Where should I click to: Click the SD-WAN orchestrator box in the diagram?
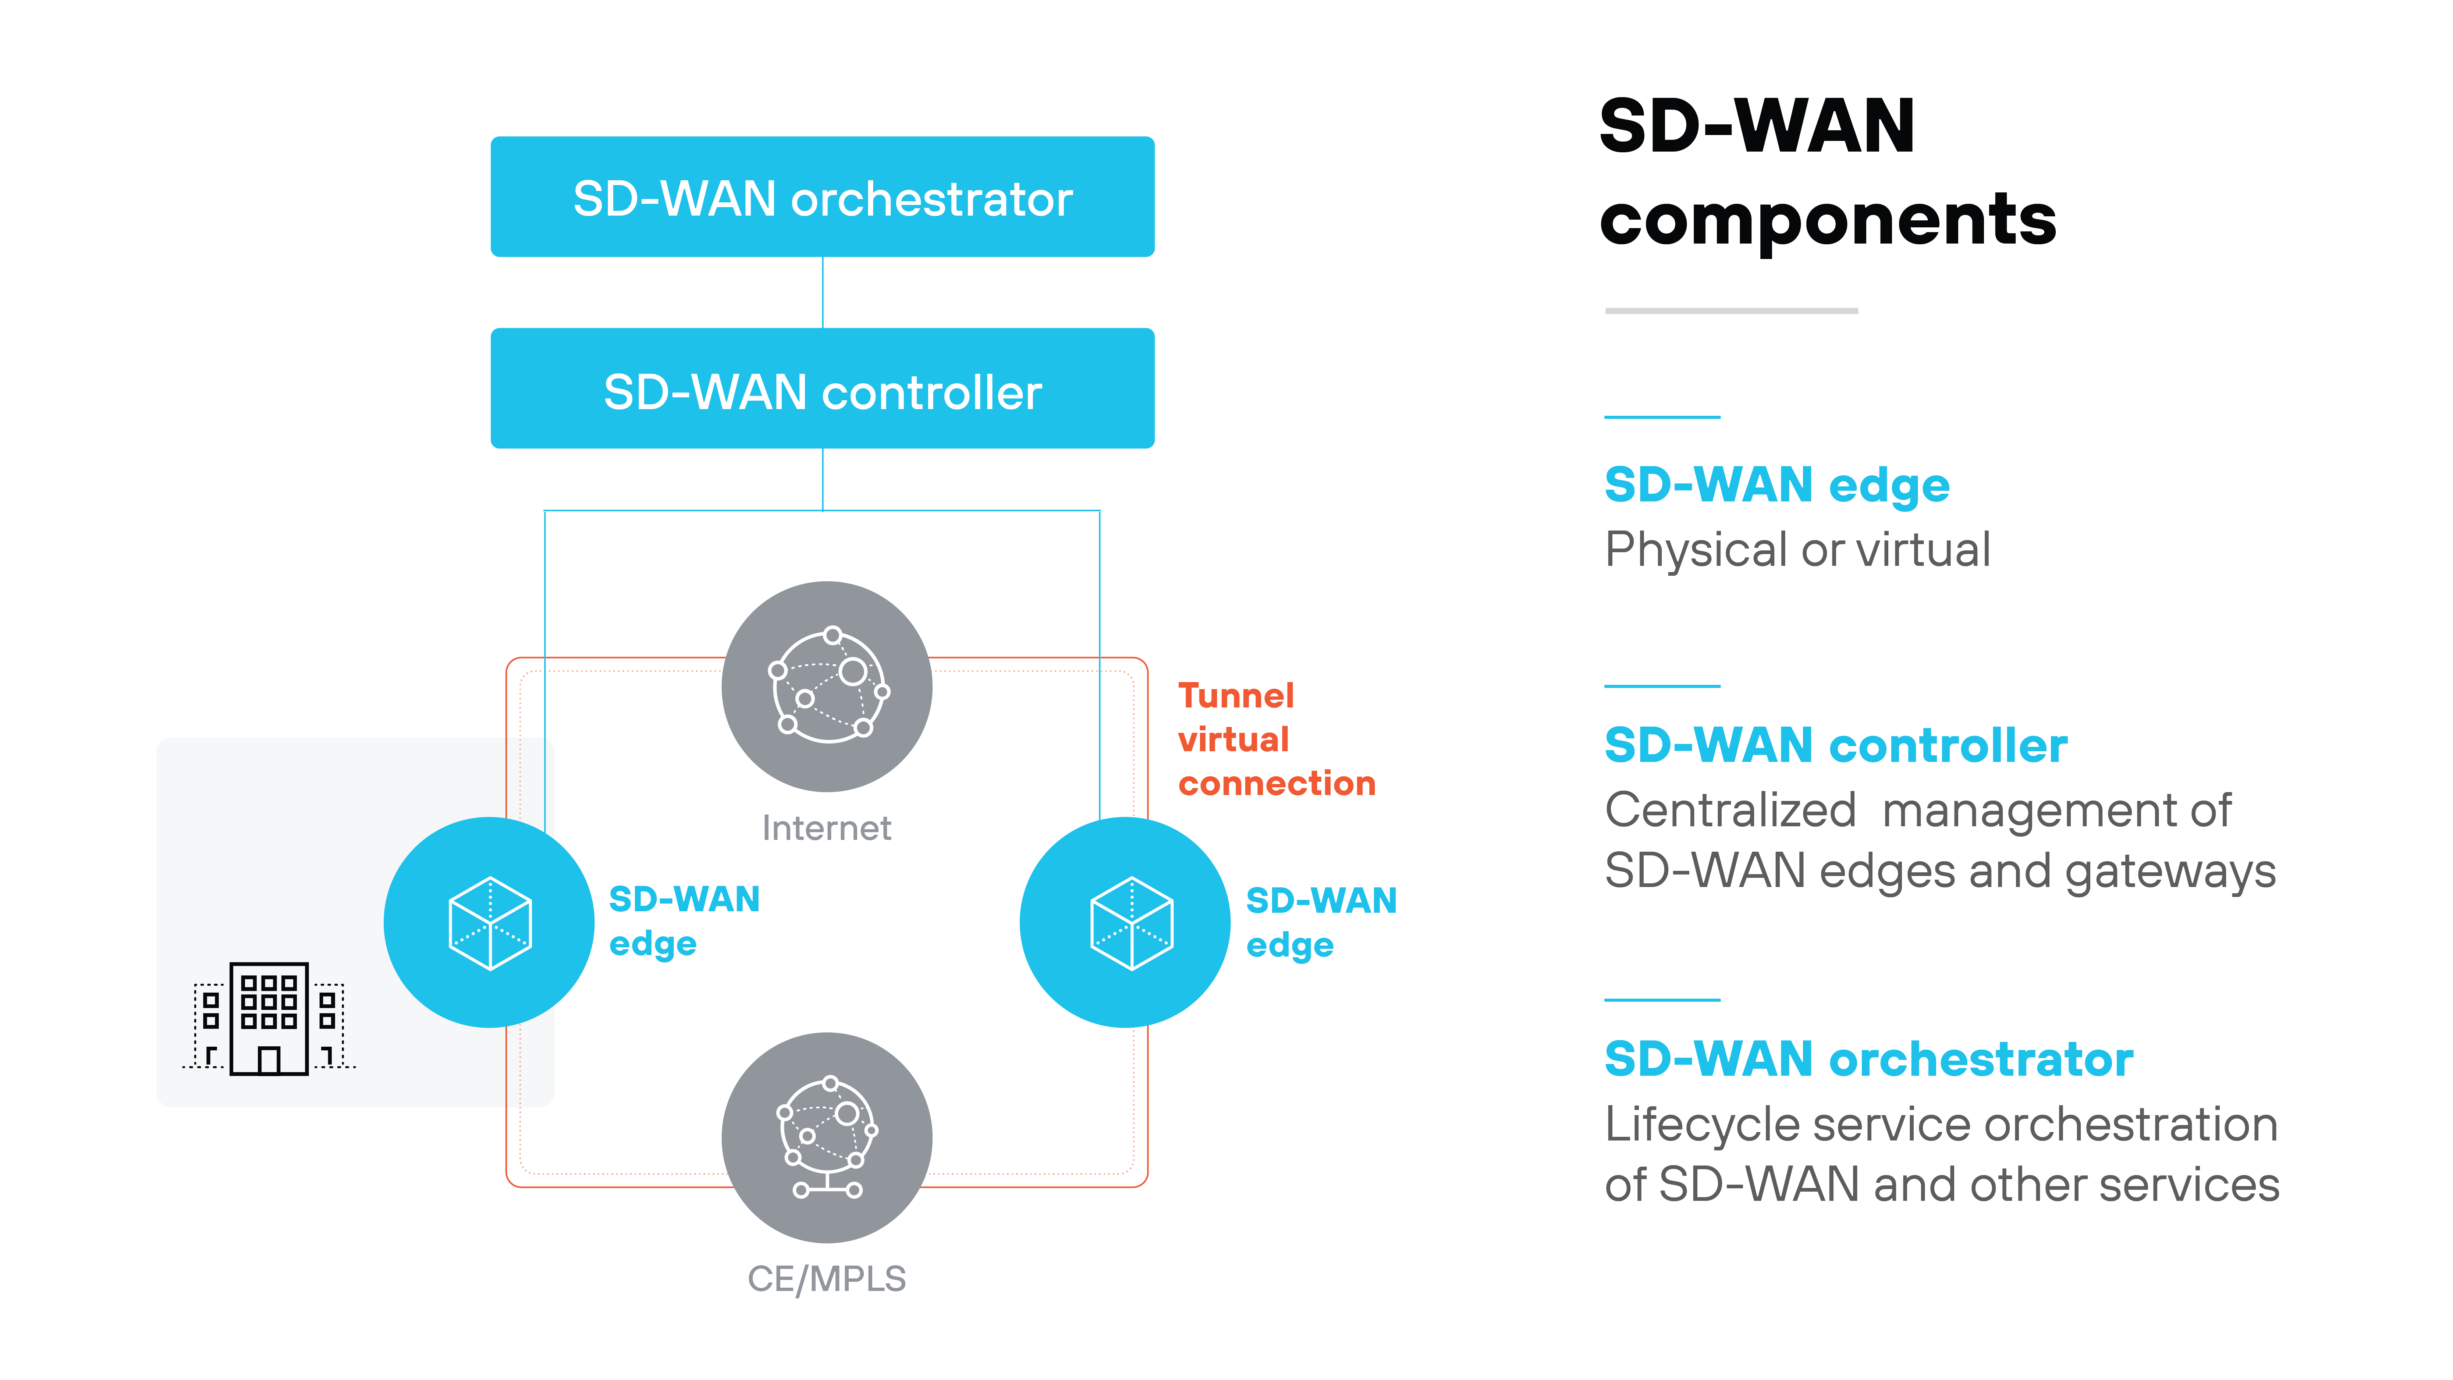[822, 197]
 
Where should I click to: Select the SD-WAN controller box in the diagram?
[822, 389]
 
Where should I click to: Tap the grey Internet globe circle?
[827, 686]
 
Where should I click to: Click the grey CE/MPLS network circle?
[827, 1137]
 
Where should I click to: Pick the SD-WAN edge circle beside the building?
[489, 922]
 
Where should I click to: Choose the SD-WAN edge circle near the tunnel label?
[1125, 922]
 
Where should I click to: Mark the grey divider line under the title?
[1731, 311]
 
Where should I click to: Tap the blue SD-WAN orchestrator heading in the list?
[1868, 1059]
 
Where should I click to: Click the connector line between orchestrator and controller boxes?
[823, 292]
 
